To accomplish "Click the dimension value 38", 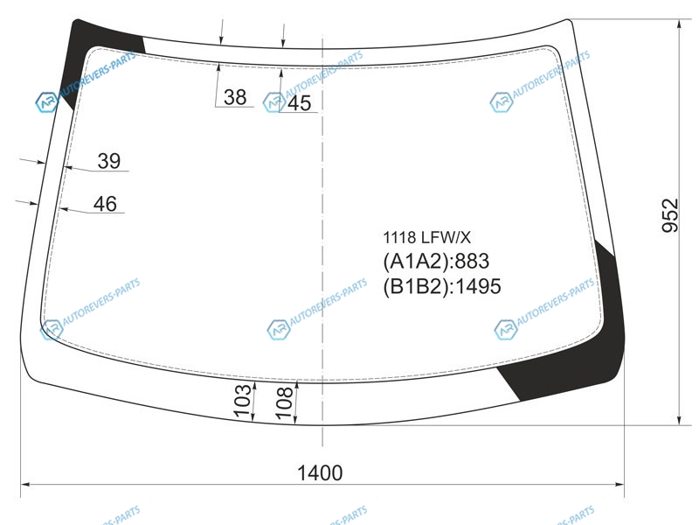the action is pyautogui.click(x=235, y=97).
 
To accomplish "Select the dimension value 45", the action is pyautogui.click(x=299, y=103).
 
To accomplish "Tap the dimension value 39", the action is pyautogui.click(x=108, y=161).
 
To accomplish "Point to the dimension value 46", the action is pyautogui.click(x=105, y=204).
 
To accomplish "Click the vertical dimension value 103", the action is pyautogui.click(x=243, y=401).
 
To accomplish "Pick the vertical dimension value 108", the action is pyautogui.click(x=285, y=402).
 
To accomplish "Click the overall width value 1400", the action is pyautogui.click(x=320, y=472).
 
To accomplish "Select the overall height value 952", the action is pyautogui.click(x=669, y=215).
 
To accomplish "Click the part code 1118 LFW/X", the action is pyautogui.click(x=426, y=237).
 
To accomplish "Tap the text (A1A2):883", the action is pyautogui.click(x=436, y=261).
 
